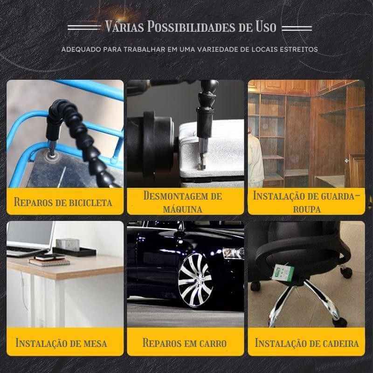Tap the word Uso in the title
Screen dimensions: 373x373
point(266,27)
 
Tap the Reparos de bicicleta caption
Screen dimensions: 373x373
point(63,202)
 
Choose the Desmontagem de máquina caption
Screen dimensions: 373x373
point(183,202)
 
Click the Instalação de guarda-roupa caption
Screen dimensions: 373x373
point(307,202)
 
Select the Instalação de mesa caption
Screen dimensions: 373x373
point(61,343)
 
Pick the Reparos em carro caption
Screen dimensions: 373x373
point(185,343)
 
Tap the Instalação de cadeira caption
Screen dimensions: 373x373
point(307,343)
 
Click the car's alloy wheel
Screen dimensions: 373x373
point(195,280)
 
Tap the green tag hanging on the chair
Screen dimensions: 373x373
point(283,273)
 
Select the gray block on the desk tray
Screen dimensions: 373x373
point(68,244)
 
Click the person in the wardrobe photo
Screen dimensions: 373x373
point(255,159)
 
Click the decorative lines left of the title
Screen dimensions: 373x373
point(84,28)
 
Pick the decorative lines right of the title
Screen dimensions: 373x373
point(297,28)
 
